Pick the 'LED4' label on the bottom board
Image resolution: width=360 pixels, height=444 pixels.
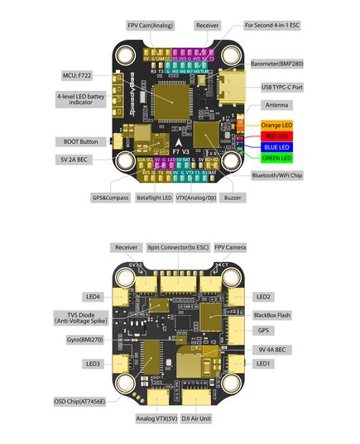pyautogui.click(x=92, y=296)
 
